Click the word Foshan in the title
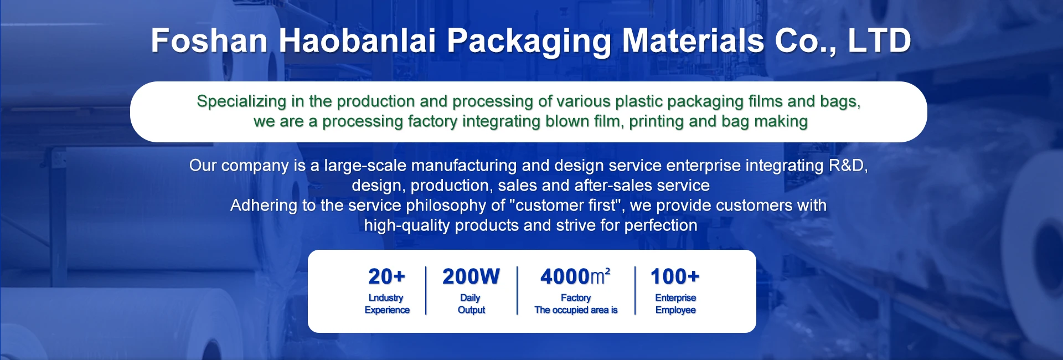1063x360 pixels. [x=209, y=40]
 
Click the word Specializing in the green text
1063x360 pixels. [x=241, y=101]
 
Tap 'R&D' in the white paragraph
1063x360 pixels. [x=848, y=165]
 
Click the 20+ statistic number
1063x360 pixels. [x=386, y=276]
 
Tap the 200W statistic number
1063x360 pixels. [x=471, y=276]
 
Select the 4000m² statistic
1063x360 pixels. [x=575, y=276]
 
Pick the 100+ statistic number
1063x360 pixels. [x=675, y=276]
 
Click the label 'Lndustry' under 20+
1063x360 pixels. [x=386, y=298]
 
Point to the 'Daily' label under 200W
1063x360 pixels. [x=470, y=298]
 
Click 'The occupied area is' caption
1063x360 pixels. [x=576, y=310]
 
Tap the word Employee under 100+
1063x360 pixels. [x=675, y=310]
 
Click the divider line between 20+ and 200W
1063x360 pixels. [x=426, y=291]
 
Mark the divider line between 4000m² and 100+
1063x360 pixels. [x=635, y=291]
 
